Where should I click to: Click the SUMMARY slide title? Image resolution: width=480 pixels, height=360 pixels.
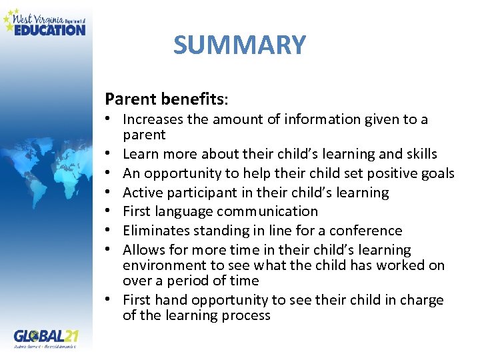point(239,45)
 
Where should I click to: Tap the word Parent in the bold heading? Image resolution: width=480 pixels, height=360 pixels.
point(131,99)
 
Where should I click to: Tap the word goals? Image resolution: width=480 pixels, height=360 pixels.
point(437,173)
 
